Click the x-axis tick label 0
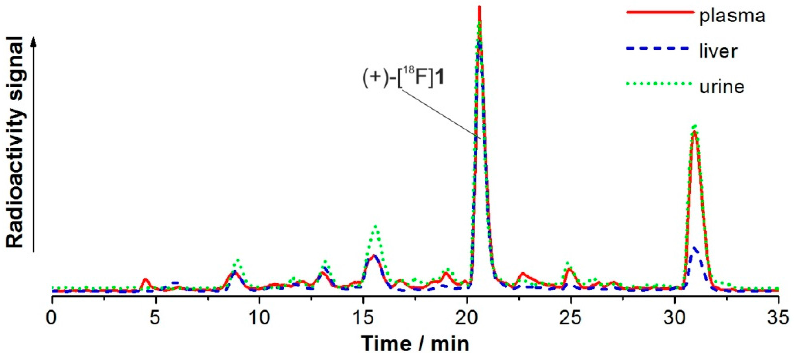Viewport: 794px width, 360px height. click(52, 317)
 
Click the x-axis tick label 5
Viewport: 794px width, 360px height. click(155, 317)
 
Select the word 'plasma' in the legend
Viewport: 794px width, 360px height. click(732, 15)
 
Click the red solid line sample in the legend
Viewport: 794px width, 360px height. click(661, 12)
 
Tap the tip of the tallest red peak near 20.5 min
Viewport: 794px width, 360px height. click(479, 7)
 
